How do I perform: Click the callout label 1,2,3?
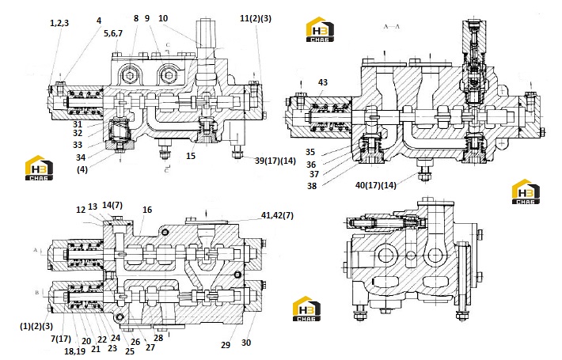click(59, 23)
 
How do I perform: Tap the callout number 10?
click(163, 18)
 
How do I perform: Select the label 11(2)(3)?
click(256, 18)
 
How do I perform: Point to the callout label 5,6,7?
click(113, 33)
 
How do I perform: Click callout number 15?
click(191, 156)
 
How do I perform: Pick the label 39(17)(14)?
click(275, 161)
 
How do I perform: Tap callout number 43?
click(323, 82)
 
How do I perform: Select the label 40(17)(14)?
click(376, 185)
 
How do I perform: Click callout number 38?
click(312, 186)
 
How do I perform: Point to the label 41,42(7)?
click(277, 215)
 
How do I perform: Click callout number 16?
click(147, 210)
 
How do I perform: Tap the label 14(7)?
click(112, 205)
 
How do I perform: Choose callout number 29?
click(225, 345)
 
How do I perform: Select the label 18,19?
click(74, 351)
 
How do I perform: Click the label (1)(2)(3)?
click(36, 326)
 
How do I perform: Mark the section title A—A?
click(391, 27)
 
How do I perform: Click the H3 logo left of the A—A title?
click(320, 29)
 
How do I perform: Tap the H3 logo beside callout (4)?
click(39, 167)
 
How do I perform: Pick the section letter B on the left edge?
click(36, 293)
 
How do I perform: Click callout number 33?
click(78, 145)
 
